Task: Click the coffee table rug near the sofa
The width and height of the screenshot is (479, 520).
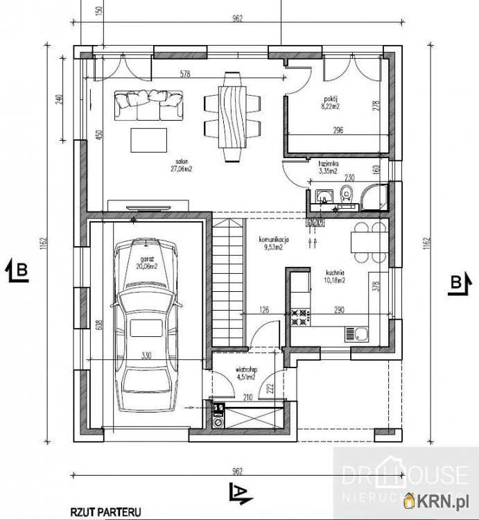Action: coord(149,139)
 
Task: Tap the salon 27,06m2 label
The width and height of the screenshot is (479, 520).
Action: coord(181,164)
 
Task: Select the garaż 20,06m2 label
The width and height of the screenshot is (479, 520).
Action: coord(146,262)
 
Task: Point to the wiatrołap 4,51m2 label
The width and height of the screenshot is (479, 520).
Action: coord(245,374)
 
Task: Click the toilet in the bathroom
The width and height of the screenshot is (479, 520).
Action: coord(346,194)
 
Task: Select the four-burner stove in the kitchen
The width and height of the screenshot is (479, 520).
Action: coord(299,317)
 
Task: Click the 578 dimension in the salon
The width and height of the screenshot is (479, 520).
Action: coord(184,74)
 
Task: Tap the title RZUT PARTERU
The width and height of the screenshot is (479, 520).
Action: coord(105,512)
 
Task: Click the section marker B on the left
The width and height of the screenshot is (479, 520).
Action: coord(19,270)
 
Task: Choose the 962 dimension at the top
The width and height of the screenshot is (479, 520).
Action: coord(237,19)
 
